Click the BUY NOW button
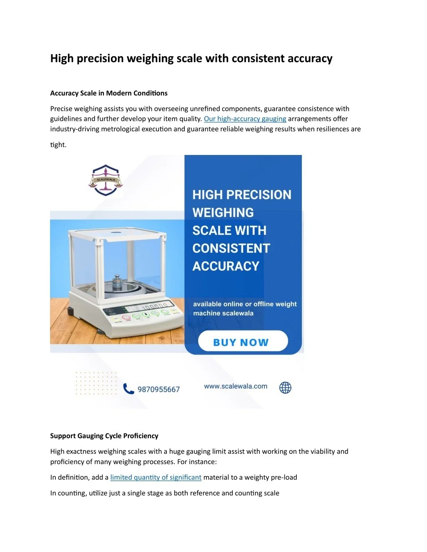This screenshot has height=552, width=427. coord(243,342)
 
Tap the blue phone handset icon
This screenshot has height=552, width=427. coord(128,389)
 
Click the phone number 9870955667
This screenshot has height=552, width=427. coord(158,390)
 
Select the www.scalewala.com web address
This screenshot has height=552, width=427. coord(236,386)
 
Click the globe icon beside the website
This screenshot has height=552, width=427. coord(285,387)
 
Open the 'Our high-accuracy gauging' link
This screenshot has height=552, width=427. coord(245,119)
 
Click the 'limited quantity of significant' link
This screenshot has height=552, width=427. coord(156,477)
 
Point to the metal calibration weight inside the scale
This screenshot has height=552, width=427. coord(117,282)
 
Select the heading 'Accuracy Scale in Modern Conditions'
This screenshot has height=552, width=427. coord(109,93)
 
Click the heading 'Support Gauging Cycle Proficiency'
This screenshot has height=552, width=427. coord(104,436)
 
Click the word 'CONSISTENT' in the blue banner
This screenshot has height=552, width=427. coord(231,248)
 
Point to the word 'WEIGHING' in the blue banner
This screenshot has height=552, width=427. coord(223,212)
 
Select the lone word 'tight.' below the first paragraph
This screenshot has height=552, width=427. coord(58,145)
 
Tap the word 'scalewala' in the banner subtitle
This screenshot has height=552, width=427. coord(238,313)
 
